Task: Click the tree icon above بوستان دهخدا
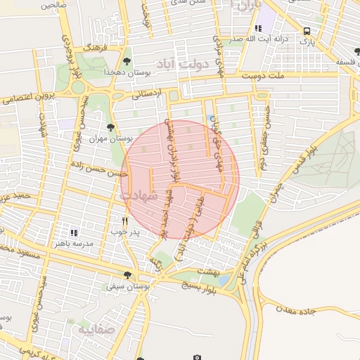(x=127, y=61)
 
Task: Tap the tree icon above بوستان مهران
(x=110, y=127)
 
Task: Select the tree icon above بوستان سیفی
(x=127, y=275)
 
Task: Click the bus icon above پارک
(x=307, y=31)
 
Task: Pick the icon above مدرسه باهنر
(x=74, y=231)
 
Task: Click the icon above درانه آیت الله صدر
(x=258, y=28)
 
